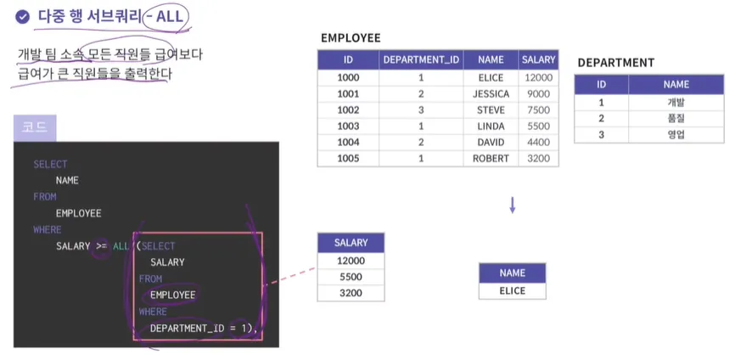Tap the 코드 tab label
point(35,128)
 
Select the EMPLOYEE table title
point(351,38)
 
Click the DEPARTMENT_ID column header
point(421,60)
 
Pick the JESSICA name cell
point(491,93)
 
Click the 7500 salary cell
point(538,110)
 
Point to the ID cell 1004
point(348,142)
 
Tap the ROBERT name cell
point(491,158)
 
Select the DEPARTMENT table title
point(615,63)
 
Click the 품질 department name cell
point(676,118)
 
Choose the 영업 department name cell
point(676,134)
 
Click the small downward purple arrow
point(513,205)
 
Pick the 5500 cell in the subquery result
point(350,277)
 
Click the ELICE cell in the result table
point(513,290)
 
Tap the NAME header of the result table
point(513,273)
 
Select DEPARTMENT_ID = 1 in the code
point(200,328)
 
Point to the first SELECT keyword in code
point(50,164)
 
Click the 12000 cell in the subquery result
point(350,261)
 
